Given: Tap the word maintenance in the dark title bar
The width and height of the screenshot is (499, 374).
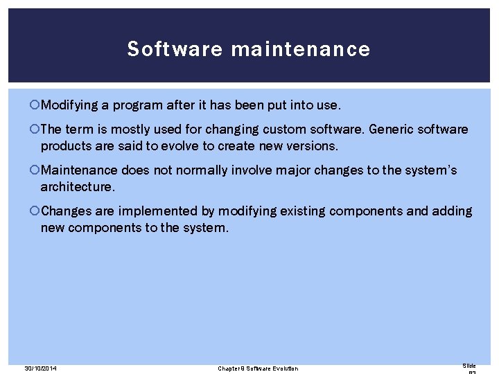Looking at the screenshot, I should click(x=300, y=49).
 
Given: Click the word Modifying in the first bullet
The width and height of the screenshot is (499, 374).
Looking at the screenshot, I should click(x=69, y=105).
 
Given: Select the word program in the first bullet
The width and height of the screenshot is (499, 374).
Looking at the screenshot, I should click(x=134, y=105).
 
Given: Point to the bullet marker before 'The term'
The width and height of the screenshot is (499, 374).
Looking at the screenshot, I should click(x=36, y=130).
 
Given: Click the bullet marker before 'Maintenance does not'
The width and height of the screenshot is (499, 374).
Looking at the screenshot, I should click(x=36, y=170).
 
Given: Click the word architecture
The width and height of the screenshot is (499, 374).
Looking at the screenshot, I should click(x=76, y=187).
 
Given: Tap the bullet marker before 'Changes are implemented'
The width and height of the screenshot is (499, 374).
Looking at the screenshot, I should click(x=36, y=211).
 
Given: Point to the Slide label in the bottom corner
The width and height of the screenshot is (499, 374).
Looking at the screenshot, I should click(x=469, y=365).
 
